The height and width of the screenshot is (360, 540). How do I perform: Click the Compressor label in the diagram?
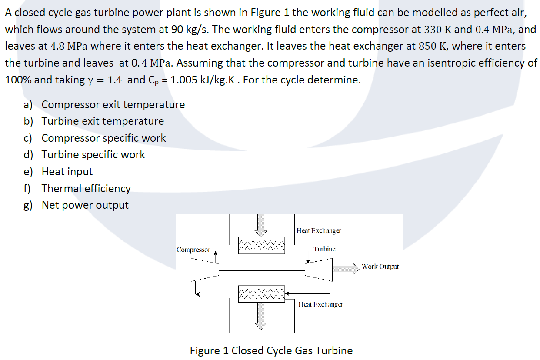coord(193,250)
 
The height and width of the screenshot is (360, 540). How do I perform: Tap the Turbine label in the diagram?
coord(324,249)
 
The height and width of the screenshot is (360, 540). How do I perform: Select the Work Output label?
coord(380,267)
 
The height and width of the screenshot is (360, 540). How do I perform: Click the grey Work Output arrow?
coord(346,266)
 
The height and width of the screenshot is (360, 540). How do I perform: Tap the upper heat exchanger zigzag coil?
coord(261,245)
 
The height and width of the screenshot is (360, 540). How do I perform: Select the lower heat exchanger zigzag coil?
coord(261,293)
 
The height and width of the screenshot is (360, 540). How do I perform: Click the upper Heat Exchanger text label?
coord(319,230)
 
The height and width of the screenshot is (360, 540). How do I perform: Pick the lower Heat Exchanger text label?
coord(320,304)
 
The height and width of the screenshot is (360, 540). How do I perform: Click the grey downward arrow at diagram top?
coord(261,223)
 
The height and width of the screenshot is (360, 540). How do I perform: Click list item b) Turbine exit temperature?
coord(103,121)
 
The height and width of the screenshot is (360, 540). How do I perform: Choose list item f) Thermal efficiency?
coord(86,189)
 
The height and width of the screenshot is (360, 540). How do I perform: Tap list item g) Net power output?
coord(85,205)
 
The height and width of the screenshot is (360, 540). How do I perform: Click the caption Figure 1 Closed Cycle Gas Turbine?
coord(271,350)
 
